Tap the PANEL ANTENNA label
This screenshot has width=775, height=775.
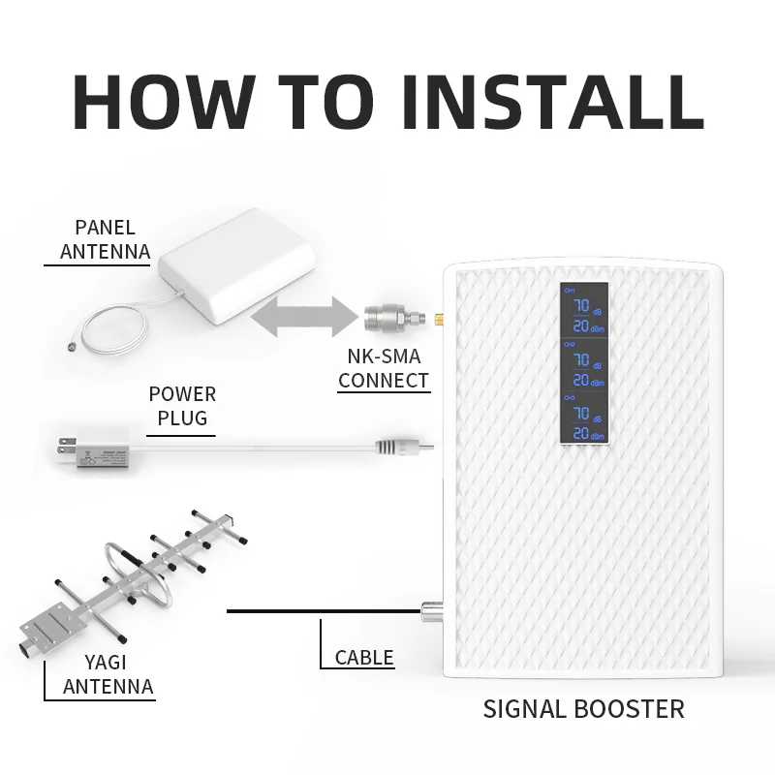coord(105,240)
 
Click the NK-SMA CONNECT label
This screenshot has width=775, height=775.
coord(384,368)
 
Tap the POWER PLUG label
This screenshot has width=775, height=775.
coord(182,406)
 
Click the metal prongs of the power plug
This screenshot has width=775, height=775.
coord(65,447)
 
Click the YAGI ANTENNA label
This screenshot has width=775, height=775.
coord(108,675)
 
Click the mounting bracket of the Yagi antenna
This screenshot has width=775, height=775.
coord(48,630)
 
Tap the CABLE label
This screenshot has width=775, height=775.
coord(364,658)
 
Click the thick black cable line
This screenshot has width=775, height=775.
coord(320,610)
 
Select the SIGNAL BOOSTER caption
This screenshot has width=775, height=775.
coord(583,708)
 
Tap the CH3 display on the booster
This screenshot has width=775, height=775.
coord(582,419)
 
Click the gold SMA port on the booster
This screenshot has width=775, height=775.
coord(438,317)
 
